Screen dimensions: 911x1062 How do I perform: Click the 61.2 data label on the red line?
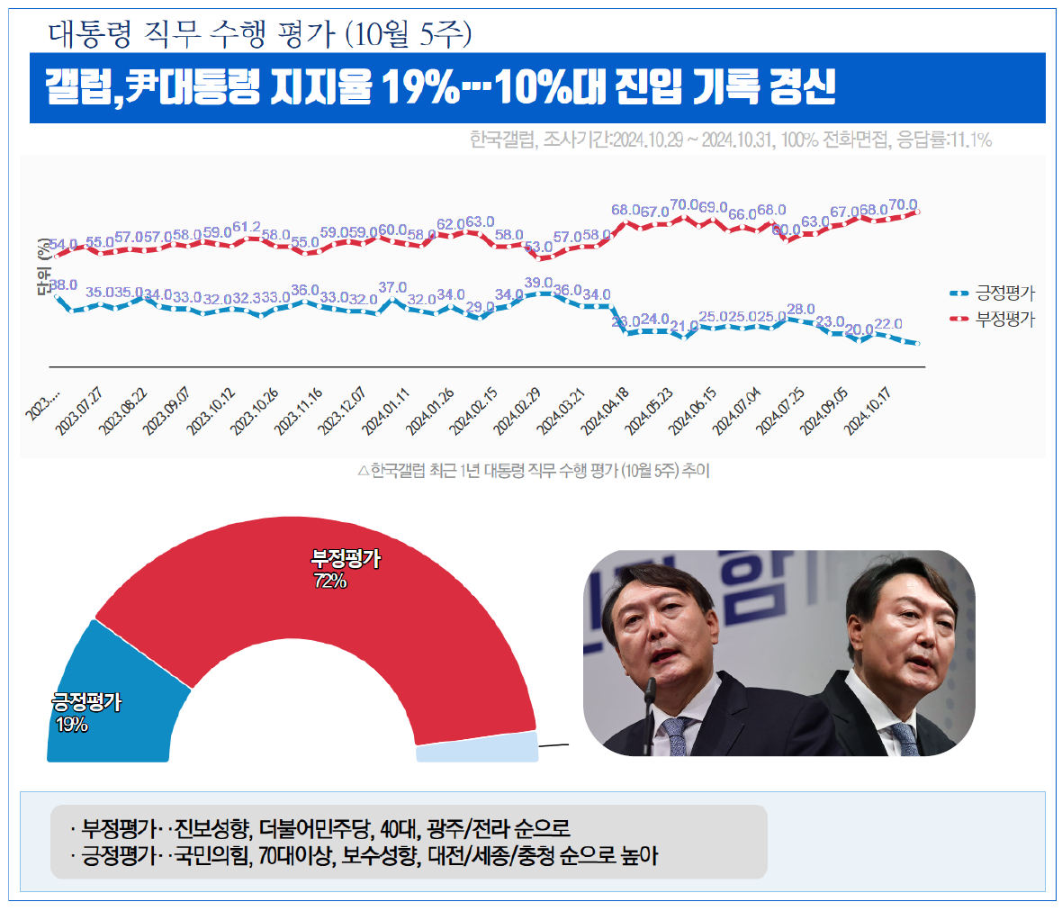click(x=247, y=227)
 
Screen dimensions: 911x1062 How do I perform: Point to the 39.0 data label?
click(x=538, y=283)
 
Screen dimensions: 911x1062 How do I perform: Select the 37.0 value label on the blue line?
click(x=392, y=288)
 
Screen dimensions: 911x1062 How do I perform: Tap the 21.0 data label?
click(x=684, y=326)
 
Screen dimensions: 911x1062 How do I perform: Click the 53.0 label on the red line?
click(x=538, y=246)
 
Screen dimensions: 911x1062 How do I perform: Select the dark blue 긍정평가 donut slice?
click(x=108, y=702)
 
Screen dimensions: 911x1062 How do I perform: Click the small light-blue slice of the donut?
click(x=477, y=749)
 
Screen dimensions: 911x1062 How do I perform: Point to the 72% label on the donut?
click(x=330, y=582)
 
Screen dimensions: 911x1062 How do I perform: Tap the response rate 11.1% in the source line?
click(x=970, y=140)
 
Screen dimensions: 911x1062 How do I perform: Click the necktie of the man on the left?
click(x=671, y=736)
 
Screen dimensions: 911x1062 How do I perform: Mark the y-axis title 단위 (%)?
click(x=43, y=266)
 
